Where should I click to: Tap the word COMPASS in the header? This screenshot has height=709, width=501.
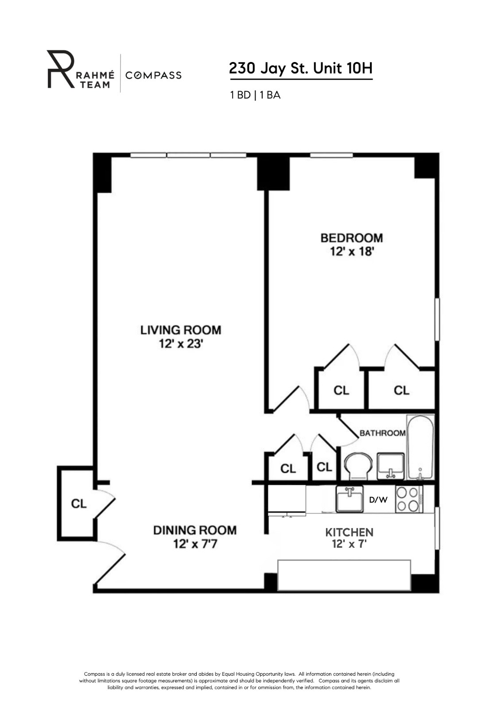[x=153, y=75]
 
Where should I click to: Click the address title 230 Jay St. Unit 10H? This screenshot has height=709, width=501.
[x=301, y=69]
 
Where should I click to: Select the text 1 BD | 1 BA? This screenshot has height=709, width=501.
[x=255, y=95]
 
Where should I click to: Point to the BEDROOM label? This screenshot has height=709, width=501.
[x=352, y=238]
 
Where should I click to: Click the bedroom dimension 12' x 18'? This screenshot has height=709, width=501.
[x=352, y=252]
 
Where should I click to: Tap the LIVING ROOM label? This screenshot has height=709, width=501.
[x=181, y=330]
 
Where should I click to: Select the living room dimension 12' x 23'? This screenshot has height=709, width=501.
[x=181, y=344]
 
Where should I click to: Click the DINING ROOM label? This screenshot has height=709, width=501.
[x=195, y=530]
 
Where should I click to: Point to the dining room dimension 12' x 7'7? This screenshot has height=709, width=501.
[x=195, y=544]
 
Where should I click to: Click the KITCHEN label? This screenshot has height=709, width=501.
[x=350, y=532]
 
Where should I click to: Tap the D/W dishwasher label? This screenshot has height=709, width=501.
[x=378, y=500]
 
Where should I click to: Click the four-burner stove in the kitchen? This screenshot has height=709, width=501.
[x=408, y=499]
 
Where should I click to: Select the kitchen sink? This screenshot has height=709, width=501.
[x=350, y=499]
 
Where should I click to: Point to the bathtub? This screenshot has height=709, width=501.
[x=420, y=447]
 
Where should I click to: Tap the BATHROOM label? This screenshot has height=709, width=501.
[x=382, y=433]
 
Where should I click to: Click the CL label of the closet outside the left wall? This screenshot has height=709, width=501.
[x=79, y=504]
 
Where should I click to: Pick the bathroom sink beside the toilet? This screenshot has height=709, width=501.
[x=390, y=466]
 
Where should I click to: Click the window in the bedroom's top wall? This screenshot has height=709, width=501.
[x=331, y=155]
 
